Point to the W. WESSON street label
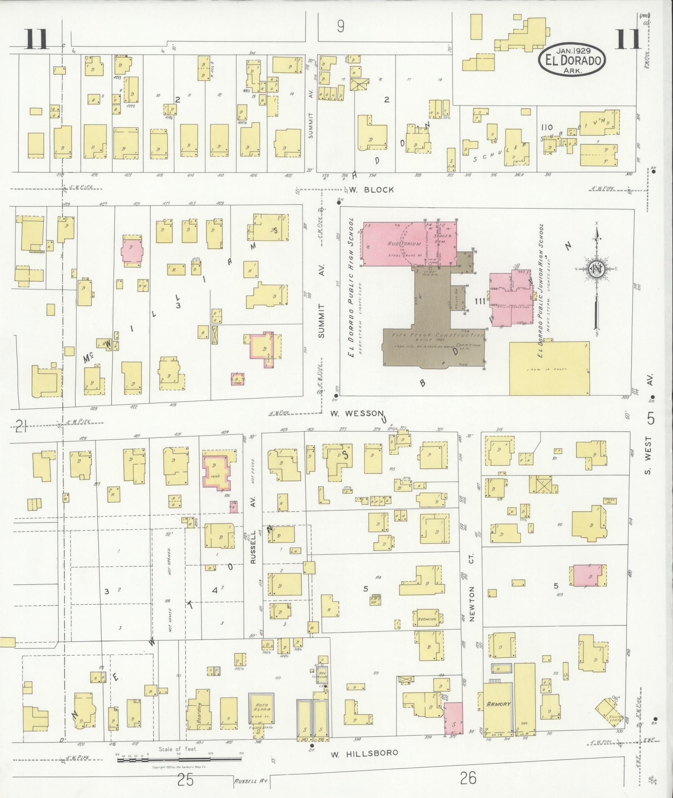pos(356,413)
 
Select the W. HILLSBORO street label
pos(364,753)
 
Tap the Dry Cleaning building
pos(321,675)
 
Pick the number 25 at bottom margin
pos(185,779)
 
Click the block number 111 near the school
pos(480,301)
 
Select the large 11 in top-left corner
pos(37,39)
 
